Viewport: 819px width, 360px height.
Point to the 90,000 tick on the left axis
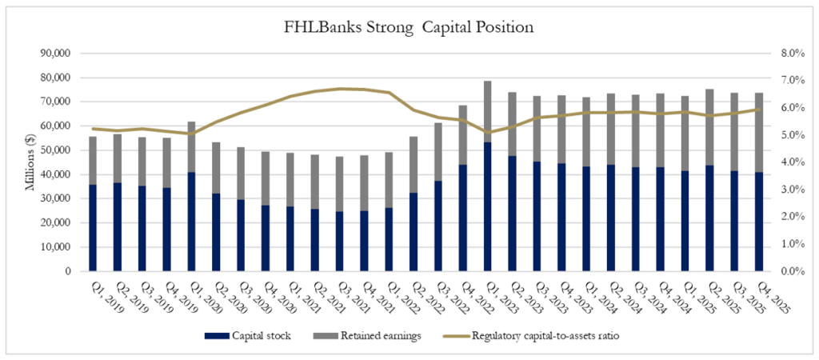coord(56,54)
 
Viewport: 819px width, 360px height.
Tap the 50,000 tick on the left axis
coord(56,150)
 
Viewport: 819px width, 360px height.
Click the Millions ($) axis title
coord(30,162)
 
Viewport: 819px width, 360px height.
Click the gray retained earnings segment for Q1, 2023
coord(487,111)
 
